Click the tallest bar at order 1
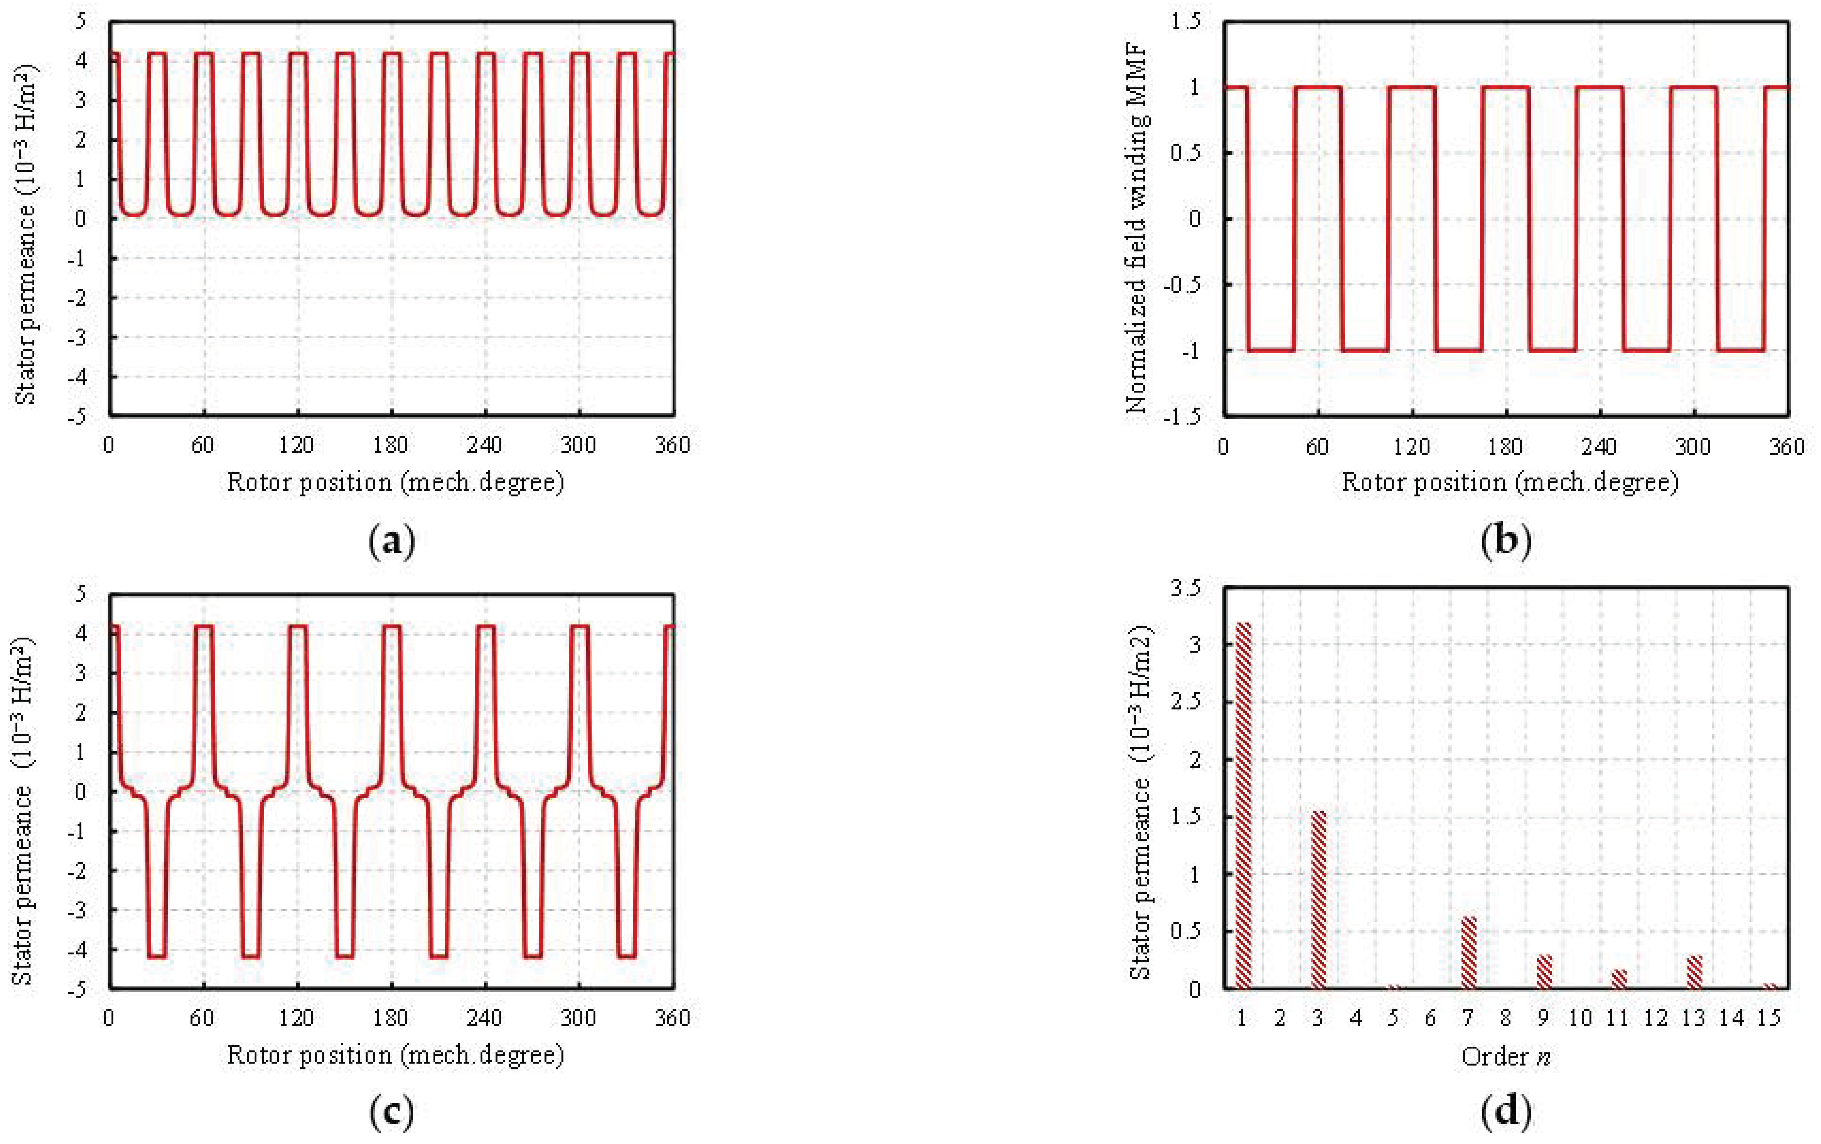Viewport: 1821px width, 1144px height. pos(1242,805)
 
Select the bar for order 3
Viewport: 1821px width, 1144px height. pos(1318,900)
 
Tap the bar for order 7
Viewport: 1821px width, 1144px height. pos(1469,953)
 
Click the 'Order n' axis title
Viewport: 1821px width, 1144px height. pos(1506,1055)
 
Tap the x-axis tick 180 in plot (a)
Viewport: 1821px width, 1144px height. pos(390,445)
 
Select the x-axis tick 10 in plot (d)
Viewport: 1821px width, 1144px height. pos(1580,1018)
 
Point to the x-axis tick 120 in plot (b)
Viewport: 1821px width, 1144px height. pos(1411,445)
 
